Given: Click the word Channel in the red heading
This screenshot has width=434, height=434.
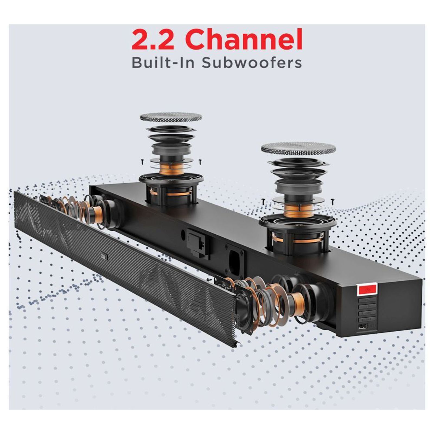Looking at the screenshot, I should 245,40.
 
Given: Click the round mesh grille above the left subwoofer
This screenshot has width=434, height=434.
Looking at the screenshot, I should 171,117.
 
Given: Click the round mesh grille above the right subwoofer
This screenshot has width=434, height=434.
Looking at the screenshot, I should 298,149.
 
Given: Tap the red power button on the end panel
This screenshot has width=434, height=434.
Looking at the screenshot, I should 367,289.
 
